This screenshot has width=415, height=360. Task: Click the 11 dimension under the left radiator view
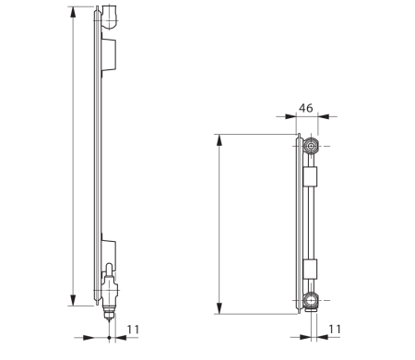[x=133, y=329]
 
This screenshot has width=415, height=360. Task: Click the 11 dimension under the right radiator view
[x=335, y=329]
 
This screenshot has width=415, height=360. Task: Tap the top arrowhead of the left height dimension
[x=73, y=11]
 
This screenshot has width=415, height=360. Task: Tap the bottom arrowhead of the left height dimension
[x=73, y=300]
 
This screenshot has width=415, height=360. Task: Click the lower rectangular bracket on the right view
[x=310, y=269]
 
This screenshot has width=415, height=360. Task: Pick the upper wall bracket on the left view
[x=109, y=54]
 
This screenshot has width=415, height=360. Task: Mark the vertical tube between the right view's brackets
[x=312, y=222]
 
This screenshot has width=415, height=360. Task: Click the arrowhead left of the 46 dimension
[x=292, y=117]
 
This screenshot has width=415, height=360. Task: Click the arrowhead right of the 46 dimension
[x=324, y=117]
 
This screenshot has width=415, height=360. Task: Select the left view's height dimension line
[x=73, y=157]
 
